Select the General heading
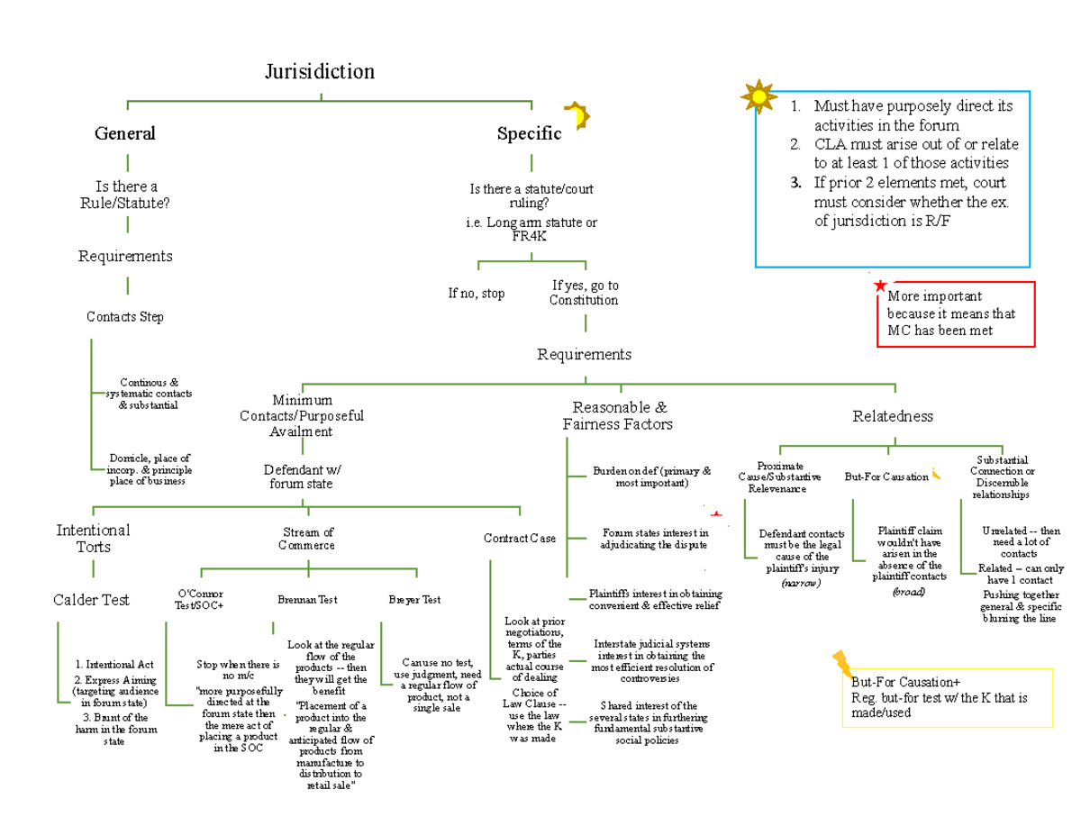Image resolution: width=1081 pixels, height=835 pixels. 125,133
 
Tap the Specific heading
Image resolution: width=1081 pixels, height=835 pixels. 529,134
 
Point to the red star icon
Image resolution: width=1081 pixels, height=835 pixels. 879,286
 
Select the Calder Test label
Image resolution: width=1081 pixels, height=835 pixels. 91,600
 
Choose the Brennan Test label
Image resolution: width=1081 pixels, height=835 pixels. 307,600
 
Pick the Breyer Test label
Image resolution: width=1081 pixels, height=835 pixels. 414,600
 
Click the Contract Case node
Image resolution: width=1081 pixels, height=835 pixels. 520,539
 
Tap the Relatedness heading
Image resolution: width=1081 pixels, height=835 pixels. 893,416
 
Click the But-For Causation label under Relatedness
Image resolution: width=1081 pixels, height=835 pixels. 886,476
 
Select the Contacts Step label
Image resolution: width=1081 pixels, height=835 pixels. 125,317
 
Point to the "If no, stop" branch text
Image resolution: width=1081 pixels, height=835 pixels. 477,293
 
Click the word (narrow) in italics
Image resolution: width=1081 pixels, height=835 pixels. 800,584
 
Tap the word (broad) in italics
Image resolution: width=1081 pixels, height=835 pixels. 908,592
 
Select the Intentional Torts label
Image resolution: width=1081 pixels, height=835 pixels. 93,539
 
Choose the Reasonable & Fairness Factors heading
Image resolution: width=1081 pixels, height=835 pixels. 617,415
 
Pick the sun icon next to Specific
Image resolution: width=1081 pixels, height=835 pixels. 577,116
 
